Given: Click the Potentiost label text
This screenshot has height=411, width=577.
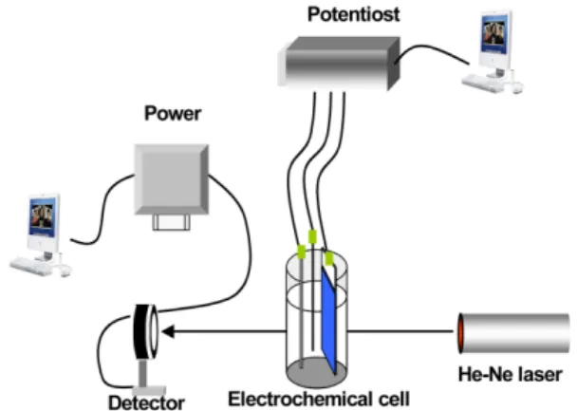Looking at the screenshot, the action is [x=353, y=15].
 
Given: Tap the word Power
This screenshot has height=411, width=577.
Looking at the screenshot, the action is [x=173, y=113].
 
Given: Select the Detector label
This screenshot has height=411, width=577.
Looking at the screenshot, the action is [x=146, y=402].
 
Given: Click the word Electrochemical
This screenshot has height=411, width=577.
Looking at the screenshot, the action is [x=297, y=400].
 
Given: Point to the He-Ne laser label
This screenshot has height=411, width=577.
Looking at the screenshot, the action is [x=510, y=375].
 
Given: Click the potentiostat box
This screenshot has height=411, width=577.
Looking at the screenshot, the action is [x=339, y=63].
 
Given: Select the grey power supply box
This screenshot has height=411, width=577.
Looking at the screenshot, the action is [x=172, y=179].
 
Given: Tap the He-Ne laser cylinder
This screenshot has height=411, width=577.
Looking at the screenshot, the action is [x=513, y=333].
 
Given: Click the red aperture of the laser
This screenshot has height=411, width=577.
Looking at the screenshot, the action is [x=460, y=333].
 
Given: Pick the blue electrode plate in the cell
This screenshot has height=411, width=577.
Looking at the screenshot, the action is [x=328, y=320].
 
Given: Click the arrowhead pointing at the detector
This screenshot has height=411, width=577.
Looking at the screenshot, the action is [x=168, y=331].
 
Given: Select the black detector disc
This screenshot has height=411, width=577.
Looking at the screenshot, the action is [x=140, y=332].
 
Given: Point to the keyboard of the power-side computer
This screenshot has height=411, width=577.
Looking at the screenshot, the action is [x=31, y=266].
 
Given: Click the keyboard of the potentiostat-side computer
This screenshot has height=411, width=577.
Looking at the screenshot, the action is [x=482, y=84].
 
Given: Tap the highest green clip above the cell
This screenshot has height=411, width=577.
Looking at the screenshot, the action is [x=312, y=237].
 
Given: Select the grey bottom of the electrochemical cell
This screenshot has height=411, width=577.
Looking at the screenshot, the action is [x=316, y=372].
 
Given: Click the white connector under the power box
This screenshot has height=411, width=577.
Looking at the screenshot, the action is [x=172, y=222].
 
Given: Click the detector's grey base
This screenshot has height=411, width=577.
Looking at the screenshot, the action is [x=149, y=391].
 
